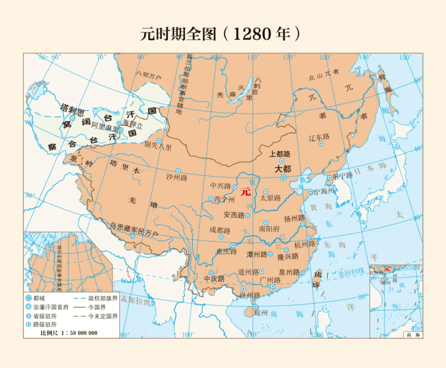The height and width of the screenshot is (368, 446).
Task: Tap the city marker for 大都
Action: tap(283, 177)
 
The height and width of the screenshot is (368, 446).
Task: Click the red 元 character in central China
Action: tap(245, 191)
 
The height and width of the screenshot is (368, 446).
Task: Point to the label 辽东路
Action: tap(319, 137)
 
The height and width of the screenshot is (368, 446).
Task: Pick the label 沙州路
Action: tap(177, 178)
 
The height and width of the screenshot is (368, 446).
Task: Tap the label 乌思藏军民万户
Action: tap(134, 230)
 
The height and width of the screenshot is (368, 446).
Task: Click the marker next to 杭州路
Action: tap(308, 238)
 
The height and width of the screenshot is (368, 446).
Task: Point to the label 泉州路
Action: tap(289, 272)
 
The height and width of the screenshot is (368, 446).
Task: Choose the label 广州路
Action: tap(270, 280)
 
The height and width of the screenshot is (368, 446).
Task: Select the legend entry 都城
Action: tap(41, 298)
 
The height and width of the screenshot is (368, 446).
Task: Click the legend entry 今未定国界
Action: tap(102, 316)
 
